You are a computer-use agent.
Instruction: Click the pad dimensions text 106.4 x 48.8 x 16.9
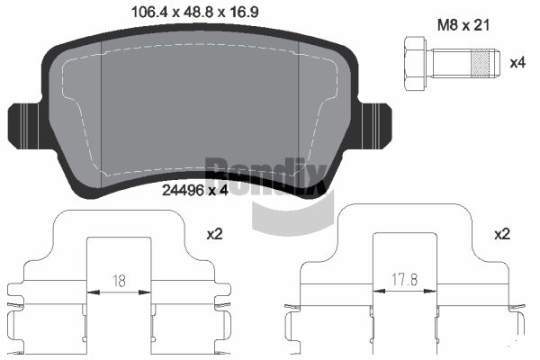[195, 13]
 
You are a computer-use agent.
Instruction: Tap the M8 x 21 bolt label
[463, 25]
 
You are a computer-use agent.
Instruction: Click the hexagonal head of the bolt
[415, 64]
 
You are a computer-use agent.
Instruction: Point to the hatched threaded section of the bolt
[480, 63]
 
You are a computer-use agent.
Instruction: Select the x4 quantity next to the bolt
[517, 63]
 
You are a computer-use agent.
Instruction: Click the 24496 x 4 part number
[195, 190]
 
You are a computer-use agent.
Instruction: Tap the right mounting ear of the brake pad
[374, 126]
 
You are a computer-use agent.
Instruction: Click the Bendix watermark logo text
[265, 176]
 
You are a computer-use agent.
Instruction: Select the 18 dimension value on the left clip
[119, 281]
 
